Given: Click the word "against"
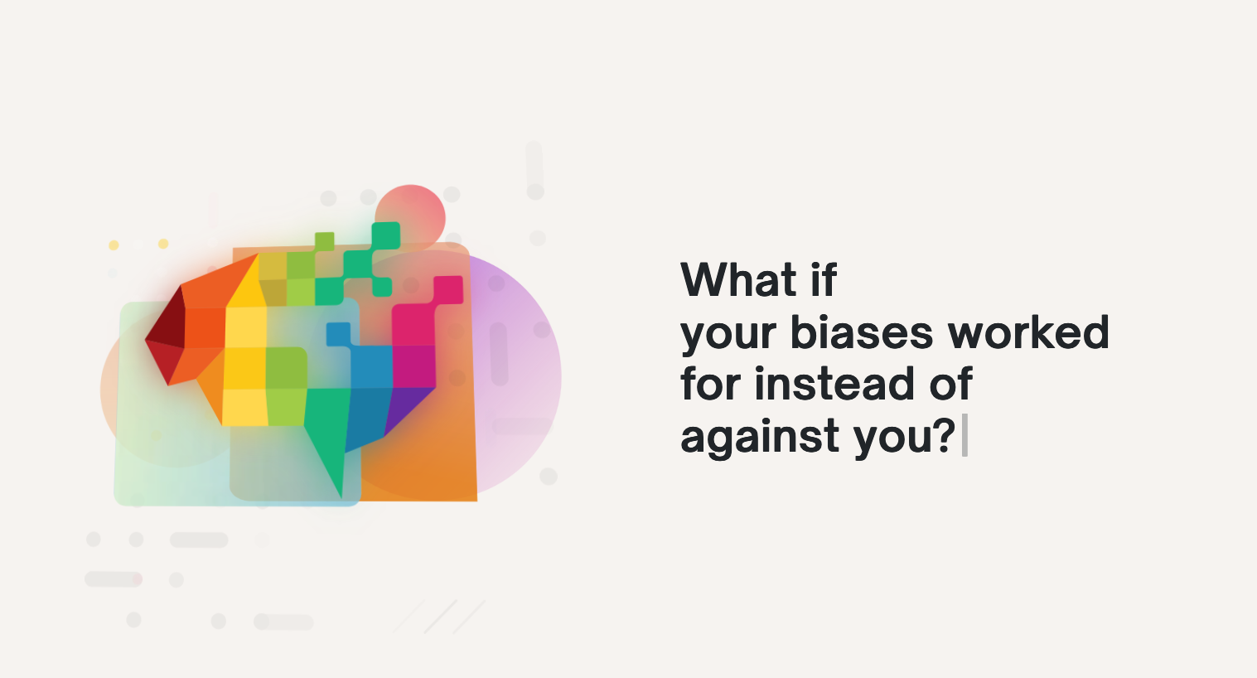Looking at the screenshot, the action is click(x=760, y=438).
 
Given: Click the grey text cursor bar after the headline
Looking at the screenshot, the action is click(x=965, y=435).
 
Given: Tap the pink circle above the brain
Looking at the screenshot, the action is click(x=410, y=218).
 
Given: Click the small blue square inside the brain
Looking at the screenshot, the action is click(x=338, y=334).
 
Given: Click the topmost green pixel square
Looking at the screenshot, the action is click(x=385, y=235).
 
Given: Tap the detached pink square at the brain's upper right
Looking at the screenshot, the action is click(x=447, y=289).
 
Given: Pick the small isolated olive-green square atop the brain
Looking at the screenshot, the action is click(x=324, y=242).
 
